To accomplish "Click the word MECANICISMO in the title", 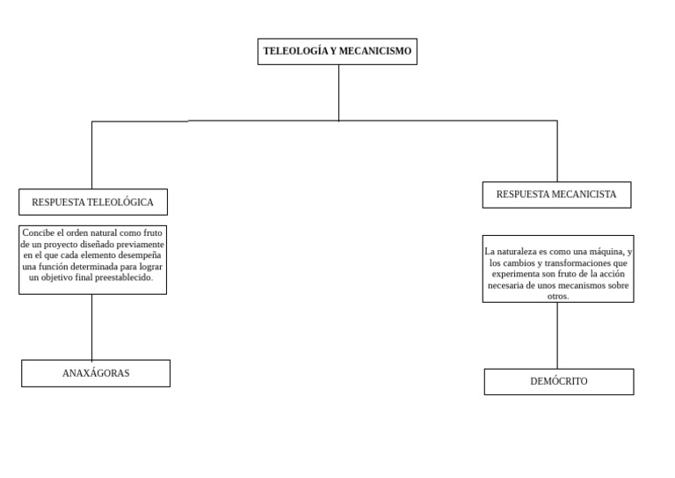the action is (x=375, y=51).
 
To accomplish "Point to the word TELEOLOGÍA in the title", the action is (x=295, y=51).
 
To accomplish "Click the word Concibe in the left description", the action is (x=39, y=232).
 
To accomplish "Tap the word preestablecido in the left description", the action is (x=124, y=277).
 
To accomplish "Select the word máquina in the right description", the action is (x=606, y=252).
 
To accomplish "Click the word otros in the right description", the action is (x=557, y=297).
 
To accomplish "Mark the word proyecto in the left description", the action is (x=61, y=245).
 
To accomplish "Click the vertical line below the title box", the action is (x=338, y=93).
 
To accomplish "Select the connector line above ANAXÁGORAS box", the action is (x=91, y=327).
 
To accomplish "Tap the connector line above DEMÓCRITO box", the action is (x=557, y=335).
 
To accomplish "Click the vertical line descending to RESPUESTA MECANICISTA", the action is (x=557, y=151).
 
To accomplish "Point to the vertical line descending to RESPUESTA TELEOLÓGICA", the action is (x=91, y=155).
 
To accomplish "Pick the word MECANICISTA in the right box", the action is (x=584, y=195).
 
